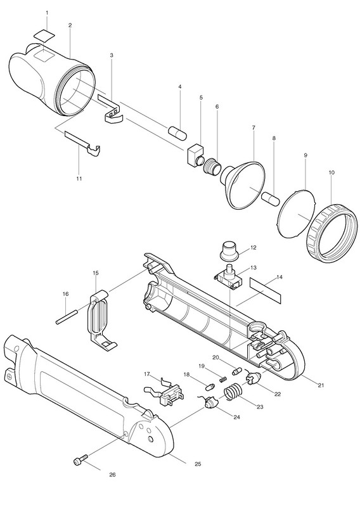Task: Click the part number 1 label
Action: (47, 13)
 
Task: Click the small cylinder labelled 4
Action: (177, 133)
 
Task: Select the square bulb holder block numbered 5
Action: (196, 155)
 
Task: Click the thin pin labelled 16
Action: (67, 317)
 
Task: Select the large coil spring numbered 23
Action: (233, 392)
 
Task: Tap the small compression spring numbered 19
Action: (223, 378)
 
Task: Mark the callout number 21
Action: (321, 385)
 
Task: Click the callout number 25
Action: (198, 464)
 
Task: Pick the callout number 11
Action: (79, 179)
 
